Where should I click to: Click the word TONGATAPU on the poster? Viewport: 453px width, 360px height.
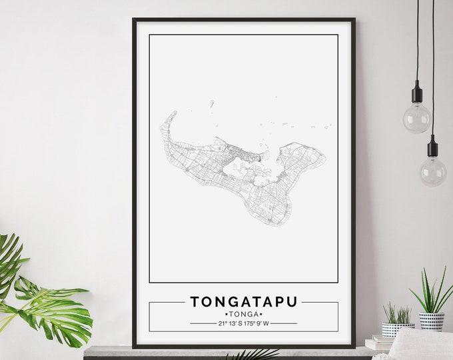(x=243, y=301)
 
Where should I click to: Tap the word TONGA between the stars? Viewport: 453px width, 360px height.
(x=243, y=314)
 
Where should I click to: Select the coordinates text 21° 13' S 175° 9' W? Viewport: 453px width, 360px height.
(x=243, y=324)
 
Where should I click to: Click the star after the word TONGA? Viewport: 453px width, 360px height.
(x=261, y=314)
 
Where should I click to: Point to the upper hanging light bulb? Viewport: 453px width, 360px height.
(x=417, y=118)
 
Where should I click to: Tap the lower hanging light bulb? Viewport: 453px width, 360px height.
(x=433, y=171)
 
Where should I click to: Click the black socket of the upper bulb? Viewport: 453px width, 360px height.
(x=418, y=93)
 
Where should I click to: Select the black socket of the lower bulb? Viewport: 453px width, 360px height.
(x=433, y=146)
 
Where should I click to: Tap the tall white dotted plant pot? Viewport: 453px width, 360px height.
(x=432, y=321)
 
